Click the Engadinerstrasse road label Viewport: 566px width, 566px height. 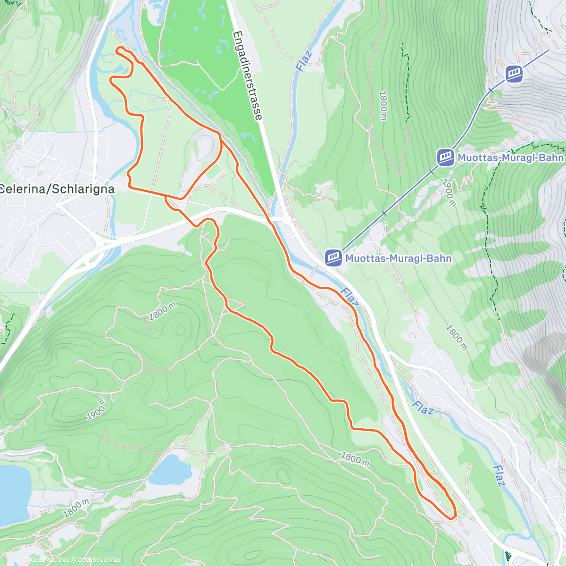coord(248,75)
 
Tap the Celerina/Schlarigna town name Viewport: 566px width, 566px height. coord(57,189)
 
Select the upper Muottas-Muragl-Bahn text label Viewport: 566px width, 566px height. coord(510,157)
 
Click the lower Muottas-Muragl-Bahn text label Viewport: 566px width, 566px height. coord(398,258)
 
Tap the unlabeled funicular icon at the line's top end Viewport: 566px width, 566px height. coord(514,74)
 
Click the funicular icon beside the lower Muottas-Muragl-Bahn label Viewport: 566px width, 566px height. coord(333,258)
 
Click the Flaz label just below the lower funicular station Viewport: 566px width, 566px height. coord(348,296)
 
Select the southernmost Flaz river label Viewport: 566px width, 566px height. coord(499,475)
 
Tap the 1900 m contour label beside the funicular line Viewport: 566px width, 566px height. coord(449,192)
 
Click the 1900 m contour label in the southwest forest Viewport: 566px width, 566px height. coord(96,409)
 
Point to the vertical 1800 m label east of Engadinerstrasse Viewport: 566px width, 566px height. coord(383,105)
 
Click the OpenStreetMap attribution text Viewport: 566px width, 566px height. coord(99,560)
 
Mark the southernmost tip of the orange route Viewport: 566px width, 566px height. coord(450,518)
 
